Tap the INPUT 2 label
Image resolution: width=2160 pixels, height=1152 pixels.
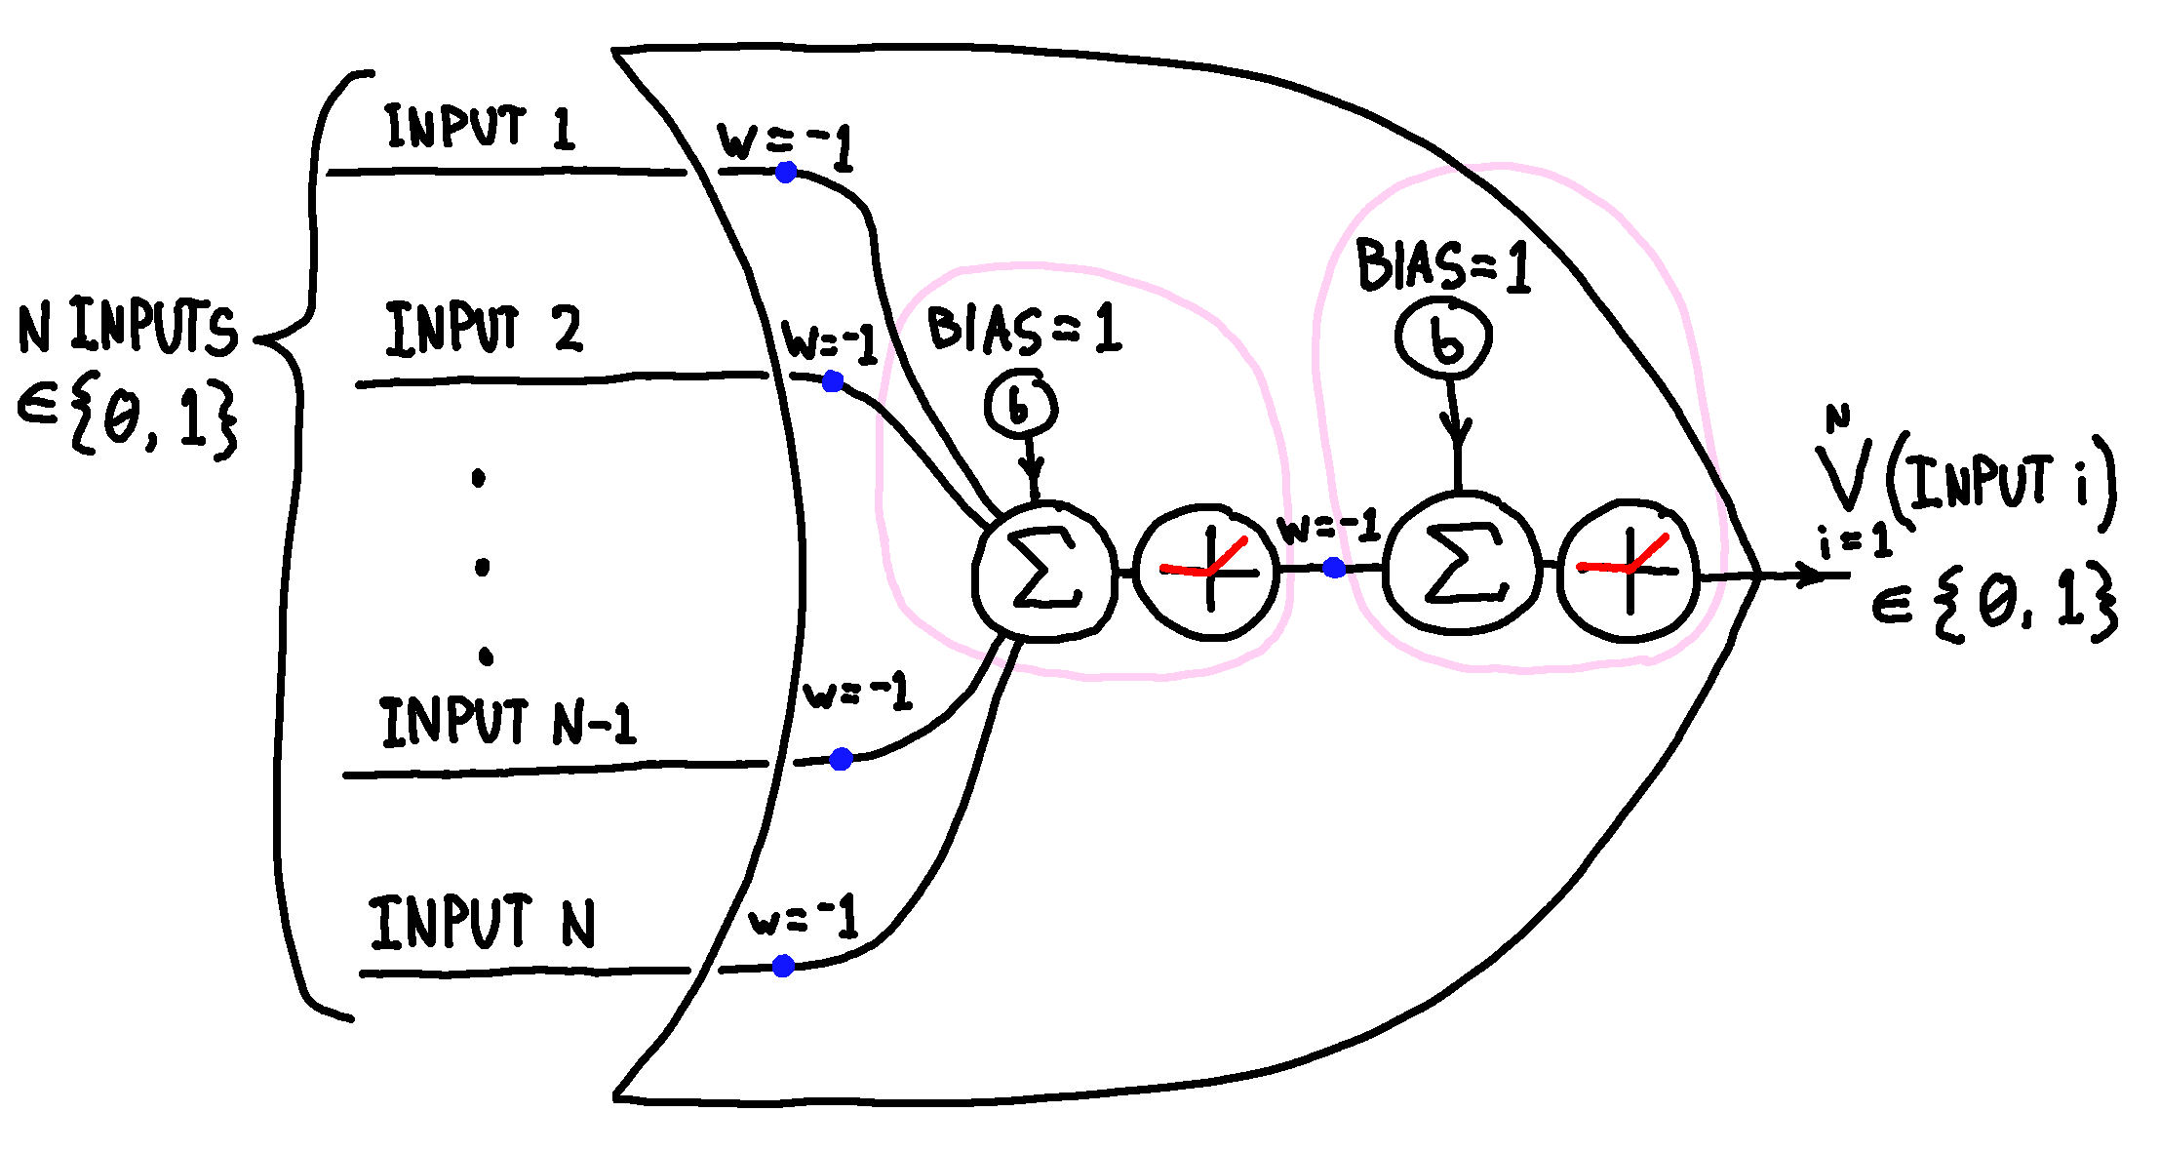484,329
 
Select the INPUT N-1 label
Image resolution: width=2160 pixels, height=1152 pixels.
507,723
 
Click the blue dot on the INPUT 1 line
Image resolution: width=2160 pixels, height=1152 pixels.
786,173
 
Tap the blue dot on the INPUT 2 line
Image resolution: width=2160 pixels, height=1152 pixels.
832,382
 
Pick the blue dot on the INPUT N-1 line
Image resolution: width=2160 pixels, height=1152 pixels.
841,759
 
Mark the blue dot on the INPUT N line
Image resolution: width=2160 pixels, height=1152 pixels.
783,966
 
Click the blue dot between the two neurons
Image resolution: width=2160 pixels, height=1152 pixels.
1334,568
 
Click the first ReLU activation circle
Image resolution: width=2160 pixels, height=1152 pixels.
1208,572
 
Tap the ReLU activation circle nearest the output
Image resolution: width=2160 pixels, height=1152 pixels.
1629,570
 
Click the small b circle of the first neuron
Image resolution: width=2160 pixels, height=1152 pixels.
1020,404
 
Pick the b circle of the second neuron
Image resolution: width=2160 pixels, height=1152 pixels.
1444,338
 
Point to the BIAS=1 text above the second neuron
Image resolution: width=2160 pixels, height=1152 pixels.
1442,265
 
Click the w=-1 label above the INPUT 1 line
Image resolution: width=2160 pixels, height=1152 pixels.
785,144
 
